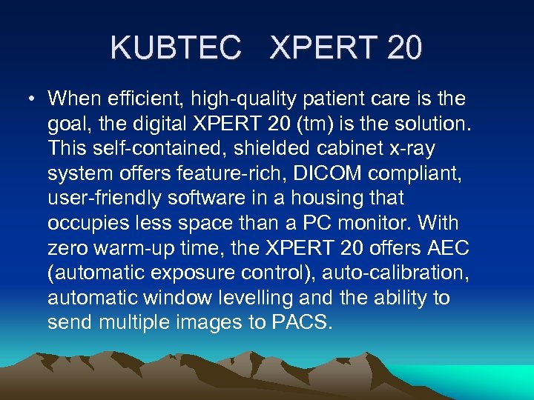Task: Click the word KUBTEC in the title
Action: click(175, 48)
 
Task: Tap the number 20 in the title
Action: click(404, 48)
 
